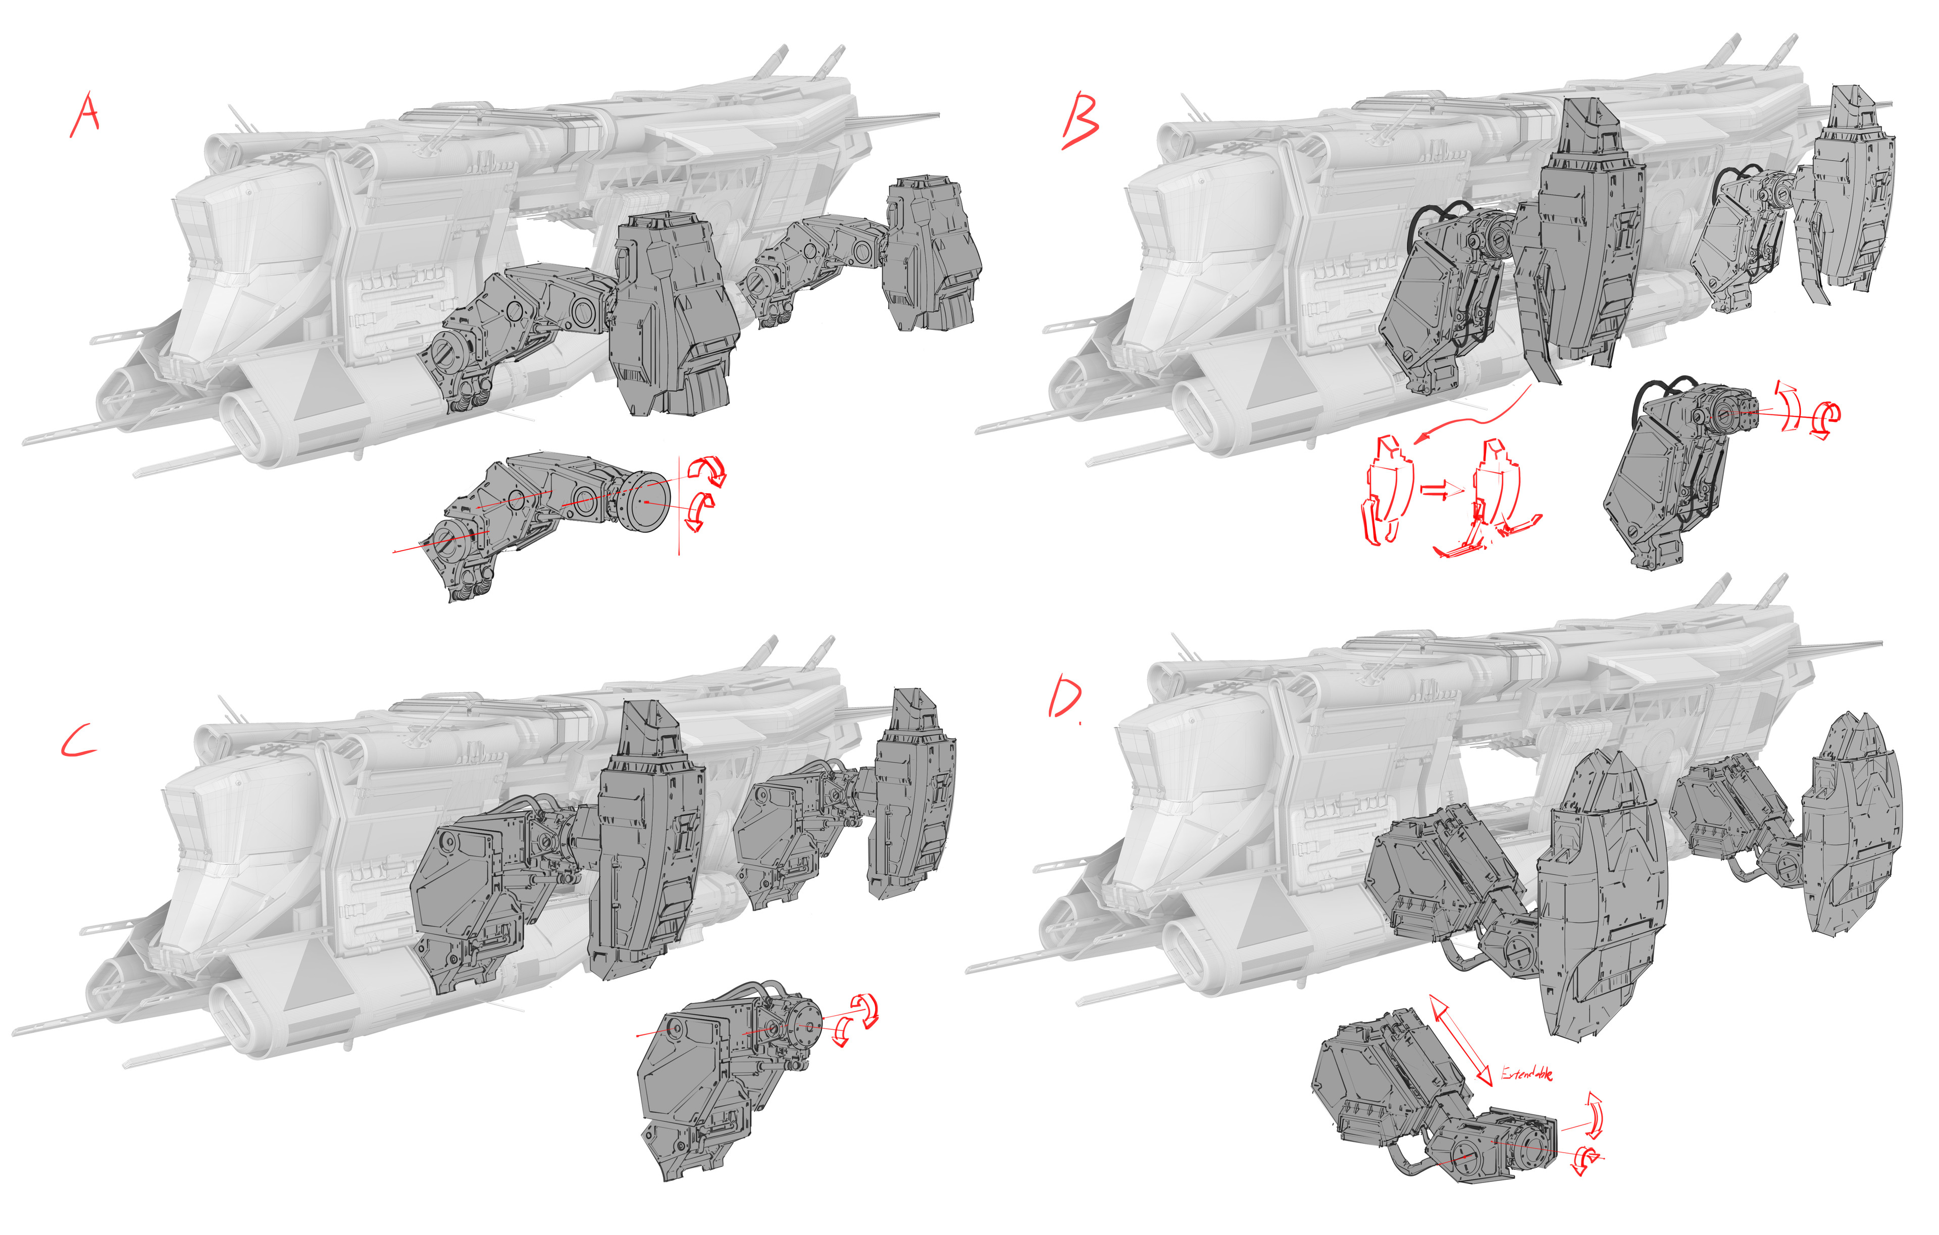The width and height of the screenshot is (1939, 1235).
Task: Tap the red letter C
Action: coord(78,741)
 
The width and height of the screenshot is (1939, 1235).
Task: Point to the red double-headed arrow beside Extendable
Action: coord(1461,1040)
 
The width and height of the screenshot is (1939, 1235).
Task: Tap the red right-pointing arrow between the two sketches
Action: coord(1441,489)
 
